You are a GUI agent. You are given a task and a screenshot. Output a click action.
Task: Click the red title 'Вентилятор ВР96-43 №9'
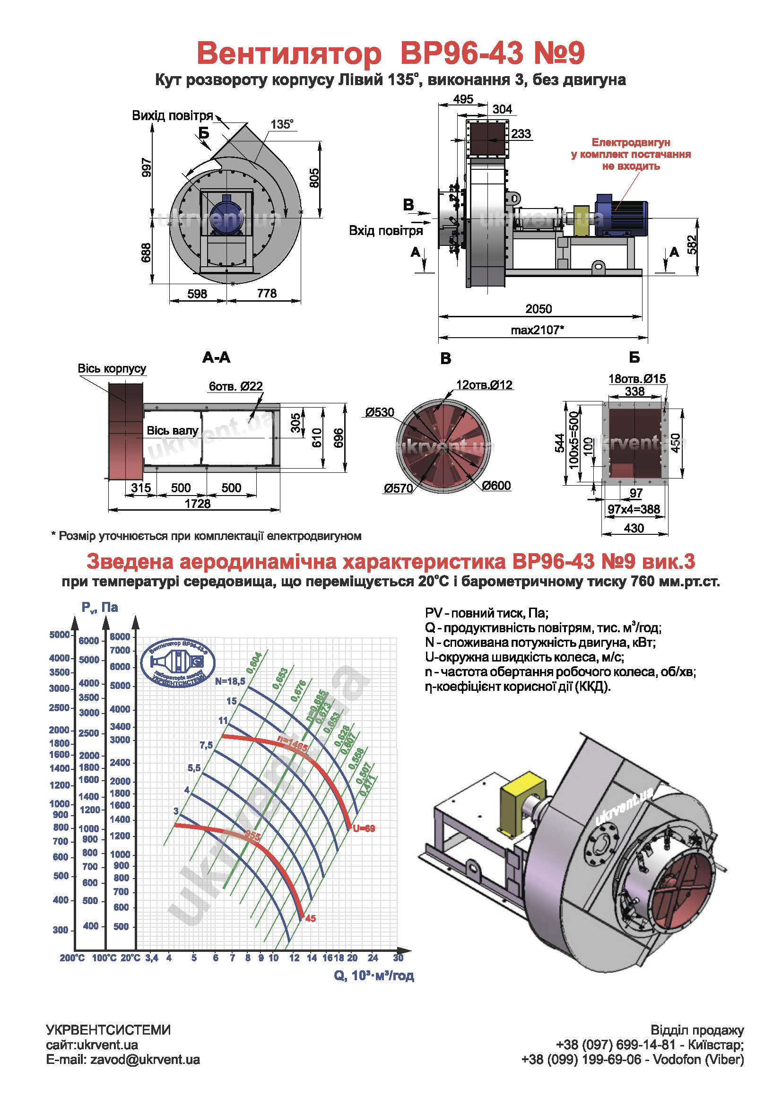point(391,53)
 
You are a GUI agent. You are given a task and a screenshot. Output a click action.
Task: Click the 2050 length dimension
point(539,309)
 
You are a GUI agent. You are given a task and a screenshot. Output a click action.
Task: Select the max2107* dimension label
point(537,330)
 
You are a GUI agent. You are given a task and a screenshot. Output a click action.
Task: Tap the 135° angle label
point(282,124)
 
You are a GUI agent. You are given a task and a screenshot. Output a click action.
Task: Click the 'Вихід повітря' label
point(173,115)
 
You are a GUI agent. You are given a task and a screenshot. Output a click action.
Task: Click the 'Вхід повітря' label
point(386,231)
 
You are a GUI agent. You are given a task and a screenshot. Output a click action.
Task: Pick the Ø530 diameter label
point(380,412)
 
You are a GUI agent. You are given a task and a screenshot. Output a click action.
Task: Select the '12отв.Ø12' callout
point(484,385)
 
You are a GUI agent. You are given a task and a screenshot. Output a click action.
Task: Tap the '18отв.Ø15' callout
point(636,379)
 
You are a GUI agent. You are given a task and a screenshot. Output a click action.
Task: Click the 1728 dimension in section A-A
point(198,504)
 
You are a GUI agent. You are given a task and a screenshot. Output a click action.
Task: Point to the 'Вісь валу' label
point(173,431)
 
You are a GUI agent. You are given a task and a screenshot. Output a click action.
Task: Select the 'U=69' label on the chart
point(364,828)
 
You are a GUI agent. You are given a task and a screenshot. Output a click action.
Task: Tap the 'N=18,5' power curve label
point(230,681)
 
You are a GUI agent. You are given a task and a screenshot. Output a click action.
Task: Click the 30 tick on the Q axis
point(398,958)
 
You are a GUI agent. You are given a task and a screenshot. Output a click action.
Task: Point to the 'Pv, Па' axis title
point(100,608)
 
